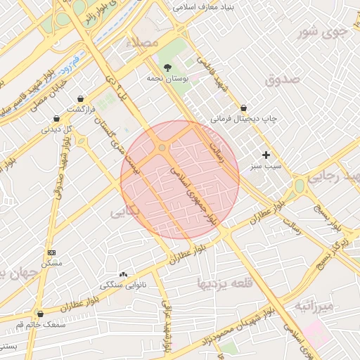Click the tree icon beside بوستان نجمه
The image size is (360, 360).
coord(167,67)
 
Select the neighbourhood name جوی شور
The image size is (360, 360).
coord(322,32)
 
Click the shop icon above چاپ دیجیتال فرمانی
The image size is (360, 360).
coord(243,108)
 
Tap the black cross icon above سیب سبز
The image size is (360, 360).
coord(266,155)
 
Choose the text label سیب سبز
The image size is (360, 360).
coord(264,167)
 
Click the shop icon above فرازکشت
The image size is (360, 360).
coord(83,98)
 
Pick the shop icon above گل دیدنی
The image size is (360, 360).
coord(58,118)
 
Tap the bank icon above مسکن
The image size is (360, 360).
coord(51,252)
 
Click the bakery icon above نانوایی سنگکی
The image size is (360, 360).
coord(124,274)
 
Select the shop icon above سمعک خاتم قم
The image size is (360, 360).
coord(39,314)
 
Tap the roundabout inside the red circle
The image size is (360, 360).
coord(162,148)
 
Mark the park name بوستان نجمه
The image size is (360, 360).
coord(167,79)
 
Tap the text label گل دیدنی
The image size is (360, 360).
coord(58,129)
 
